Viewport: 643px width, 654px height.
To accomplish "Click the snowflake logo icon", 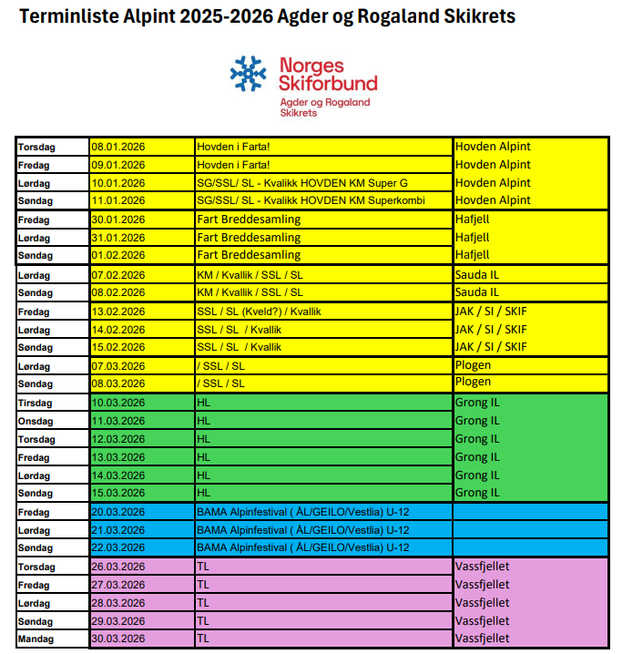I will pos(248,74).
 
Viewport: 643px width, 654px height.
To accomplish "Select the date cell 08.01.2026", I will pos(118,147).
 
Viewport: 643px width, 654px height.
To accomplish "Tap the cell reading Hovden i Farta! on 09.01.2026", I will pos(233,165).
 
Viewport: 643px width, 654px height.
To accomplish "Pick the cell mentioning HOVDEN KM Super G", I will pos(301,183).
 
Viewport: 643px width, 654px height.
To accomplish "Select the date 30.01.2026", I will pos(118,220).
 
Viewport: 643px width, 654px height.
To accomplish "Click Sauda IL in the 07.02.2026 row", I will pos(477,274).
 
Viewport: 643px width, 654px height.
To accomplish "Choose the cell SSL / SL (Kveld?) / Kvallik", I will pos(259,312).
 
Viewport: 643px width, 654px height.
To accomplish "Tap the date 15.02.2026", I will pos(118,347).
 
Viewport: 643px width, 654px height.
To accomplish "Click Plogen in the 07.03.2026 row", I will pos(473,365).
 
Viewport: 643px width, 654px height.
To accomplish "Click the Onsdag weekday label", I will pos(37,421).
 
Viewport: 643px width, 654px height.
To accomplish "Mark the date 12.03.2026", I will pos(118,439).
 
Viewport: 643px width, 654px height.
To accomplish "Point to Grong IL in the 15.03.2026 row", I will pos(477,493).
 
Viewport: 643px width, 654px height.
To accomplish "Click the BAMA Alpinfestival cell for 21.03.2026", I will pos(302,530).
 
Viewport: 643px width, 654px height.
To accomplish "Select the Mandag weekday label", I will pos(36,639).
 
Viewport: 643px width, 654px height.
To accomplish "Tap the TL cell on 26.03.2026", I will pos(203,567).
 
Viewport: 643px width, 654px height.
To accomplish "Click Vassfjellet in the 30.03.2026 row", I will pos(482,639).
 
